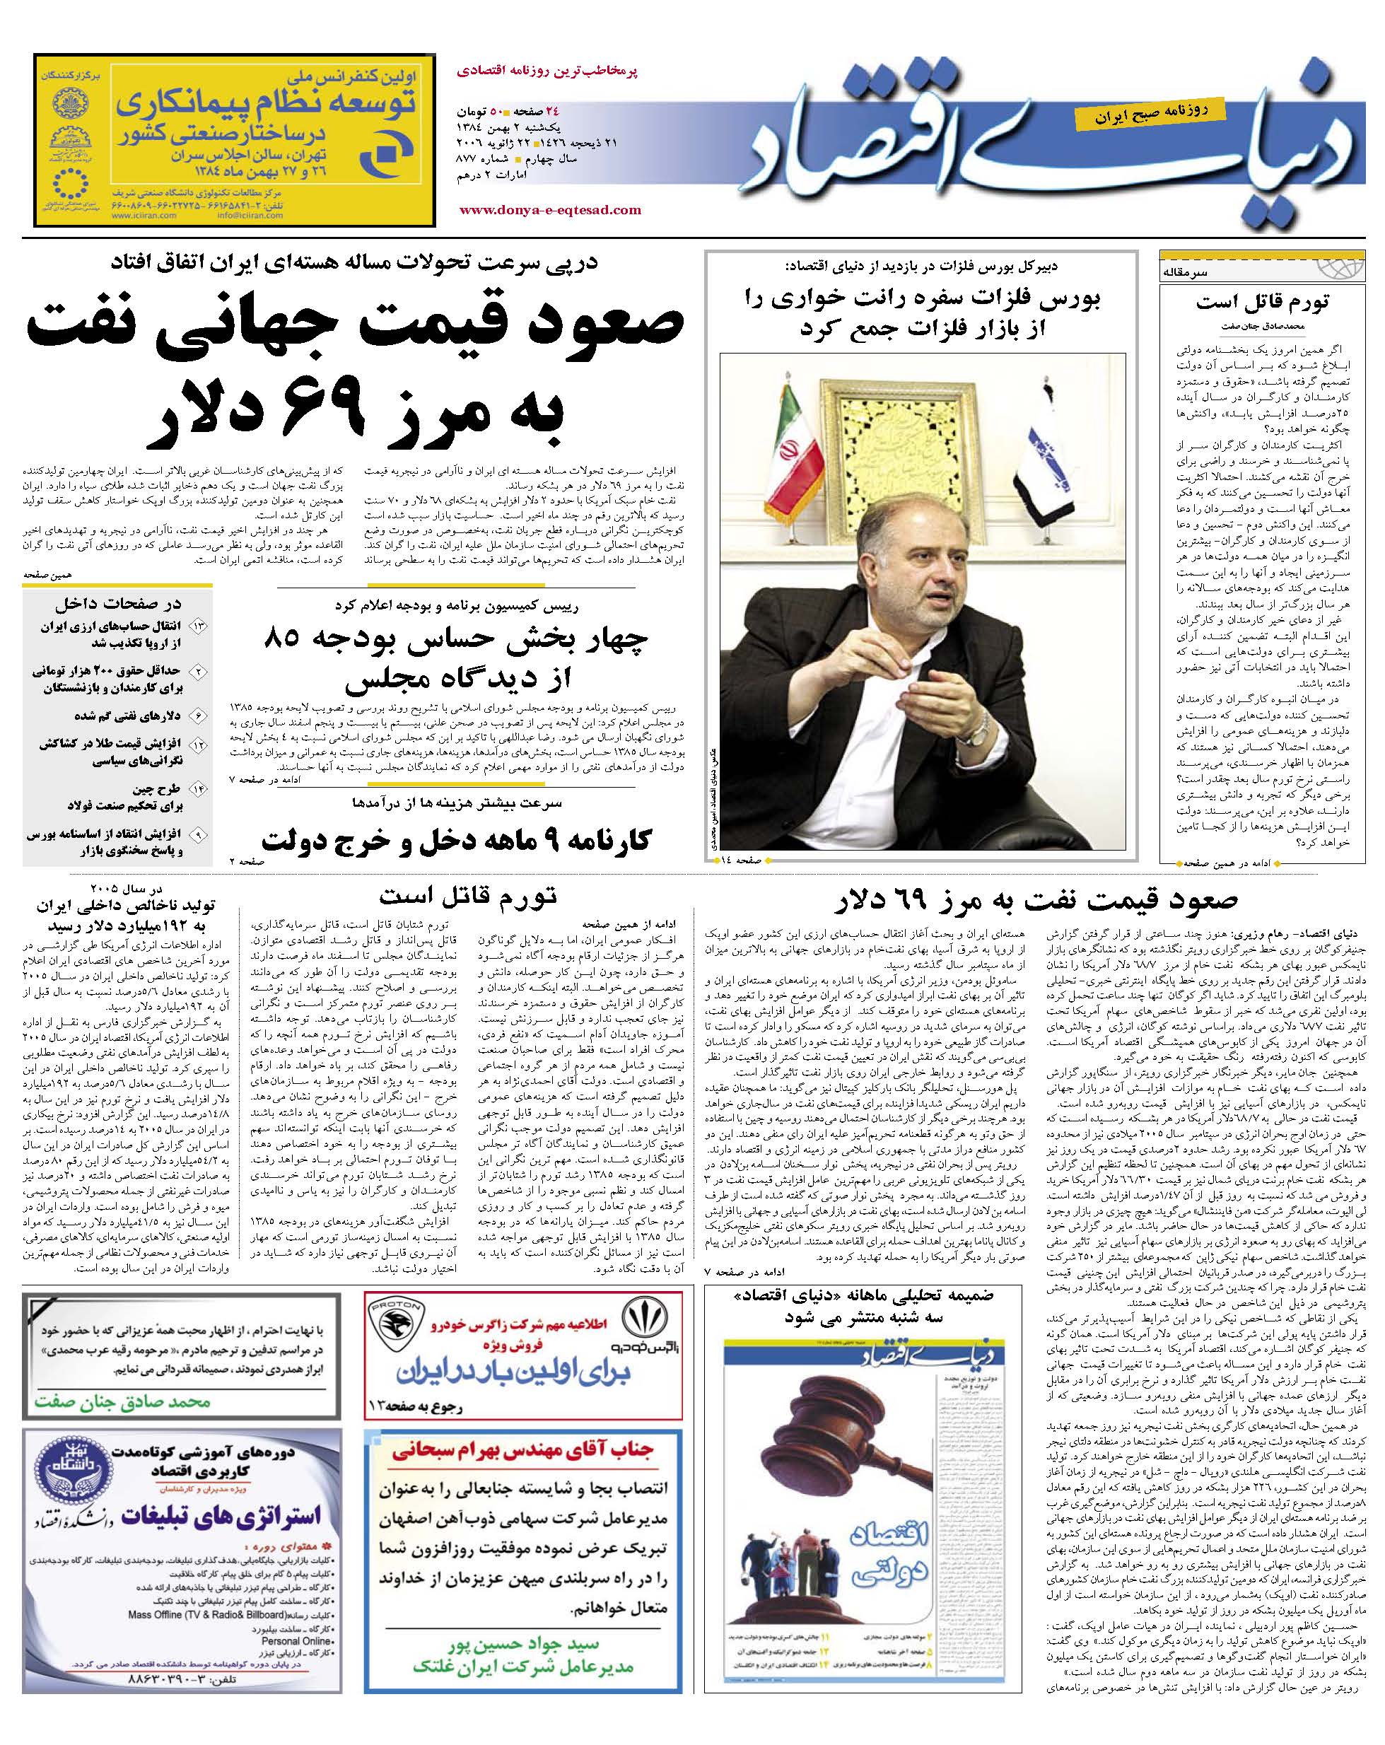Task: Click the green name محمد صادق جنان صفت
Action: coord(122,1403)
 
